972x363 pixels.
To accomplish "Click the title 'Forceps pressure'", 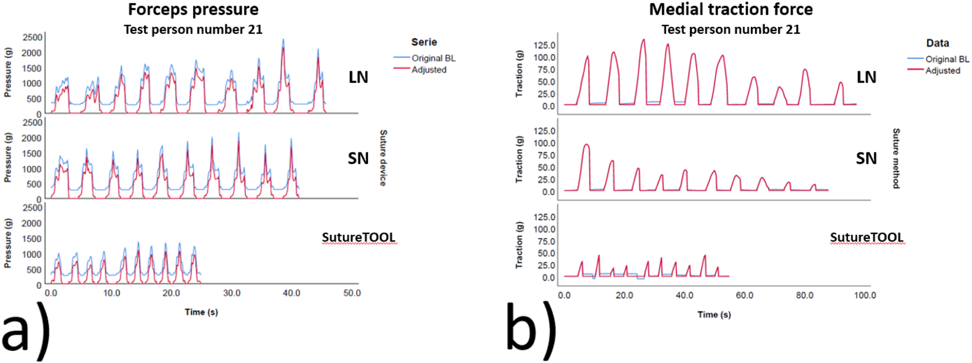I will coord(193,9).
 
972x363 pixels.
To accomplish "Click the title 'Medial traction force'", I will coord(731,9).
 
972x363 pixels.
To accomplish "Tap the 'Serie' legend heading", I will coord(424,42).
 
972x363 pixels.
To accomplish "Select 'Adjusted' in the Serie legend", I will coord(429,70).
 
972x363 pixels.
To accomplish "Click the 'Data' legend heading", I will coord(937,43).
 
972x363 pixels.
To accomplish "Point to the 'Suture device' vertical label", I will coord(383,158).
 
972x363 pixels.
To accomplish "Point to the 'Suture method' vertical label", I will coord(896,158).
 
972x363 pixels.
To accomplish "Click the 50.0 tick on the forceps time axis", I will coord(352,293).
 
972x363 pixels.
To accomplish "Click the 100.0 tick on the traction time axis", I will coord(864,296).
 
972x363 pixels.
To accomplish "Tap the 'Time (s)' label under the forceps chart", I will coord(201,312).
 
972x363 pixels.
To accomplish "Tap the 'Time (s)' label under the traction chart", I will coord(714,315).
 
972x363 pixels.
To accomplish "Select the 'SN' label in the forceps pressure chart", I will coord(358,158).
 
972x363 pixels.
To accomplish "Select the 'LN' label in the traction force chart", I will coord(866,77).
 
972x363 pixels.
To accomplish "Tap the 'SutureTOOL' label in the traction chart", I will coord(866,237).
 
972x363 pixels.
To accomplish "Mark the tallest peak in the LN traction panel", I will coord(643,40).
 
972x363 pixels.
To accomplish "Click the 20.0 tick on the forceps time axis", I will coord(171,293).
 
